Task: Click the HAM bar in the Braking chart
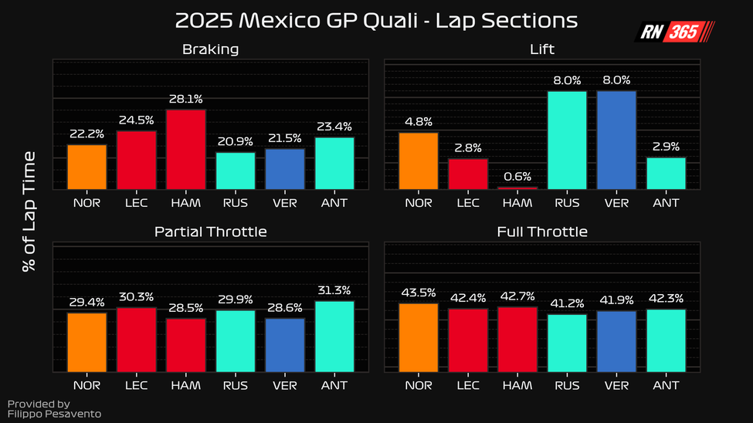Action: (x=185, y=150)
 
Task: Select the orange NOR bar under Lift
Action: (x=418, y=161)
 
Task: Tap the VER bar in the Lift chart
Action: (x=616, y=140)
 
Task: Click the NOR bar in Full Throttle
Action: (x=418, y=337)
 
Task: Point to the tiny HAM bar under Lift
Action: (x=517, y=188)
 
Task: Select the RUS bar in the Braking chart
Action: (x=236, y=171)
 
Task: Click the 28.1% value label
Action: (x=185, y=99)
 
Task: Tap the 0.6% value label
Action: (x=517, y=176)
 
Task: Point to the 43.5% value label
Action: (x=418, y=293)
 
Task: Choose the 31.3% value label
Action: (x=334, y=290)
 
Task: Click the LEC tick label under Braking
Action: (x=135, y=202)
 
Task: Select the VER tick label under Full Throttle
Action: (x=616, y=385)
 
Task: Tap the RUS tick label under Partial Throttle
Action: (x=236, y=385)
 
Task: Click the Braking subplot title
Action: (x=210, y=49)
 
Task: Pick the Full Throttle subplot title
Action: (x=542, y=232)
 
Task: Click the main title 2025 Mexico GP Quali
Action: (x=376, y=20)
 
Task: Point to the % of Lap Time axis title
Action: (x=29, y=210)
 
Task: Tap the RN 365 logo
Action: (x=674, y=32)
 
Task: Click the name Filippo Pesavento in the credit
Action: (x=54, y=415)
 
